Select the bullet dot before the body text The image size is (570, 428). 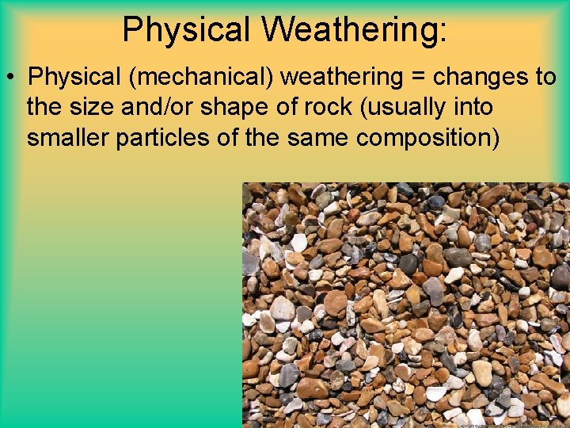[x=12, y=78]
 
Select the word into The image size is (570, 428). [x=472, y=107]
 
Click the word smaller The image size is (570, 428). [x=68, y=137]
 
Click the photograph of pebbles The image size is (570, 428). [x=405, y=305]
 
